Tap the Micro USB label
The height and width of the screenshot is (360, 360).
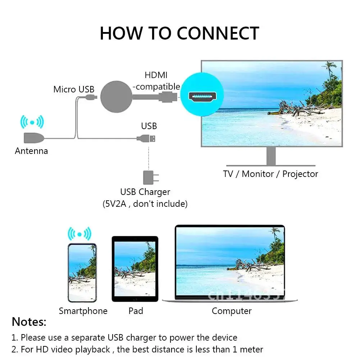(x=74, y=89)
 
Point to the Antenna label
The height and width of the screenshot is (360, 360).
(x=31, y=151)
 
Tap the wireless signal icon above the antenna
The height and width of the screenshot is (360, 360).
(x=32, y=122)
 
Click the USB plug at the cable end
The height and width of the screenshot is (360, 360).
(x=151, y=138)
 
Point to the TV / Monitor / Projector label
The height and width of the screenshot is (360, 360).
(x=270, y=174)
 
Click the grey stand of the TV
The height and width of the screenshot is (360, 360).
(x=271, y=156)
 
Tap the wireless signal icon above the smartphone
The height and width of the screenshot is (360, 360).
(x=79, y=234)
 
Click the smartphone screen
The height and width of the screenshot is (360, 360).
(x=82, y=273)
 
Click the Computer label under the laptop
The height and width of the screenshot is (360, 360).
(x=232, y=311)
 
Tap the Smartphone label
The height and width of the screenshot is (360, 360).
(x=83, y=311)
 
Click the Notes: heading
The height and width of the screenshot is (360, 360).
(x=29, y=322)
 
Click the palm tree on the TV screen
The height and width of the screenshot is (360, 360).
(x=330, y=76)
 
